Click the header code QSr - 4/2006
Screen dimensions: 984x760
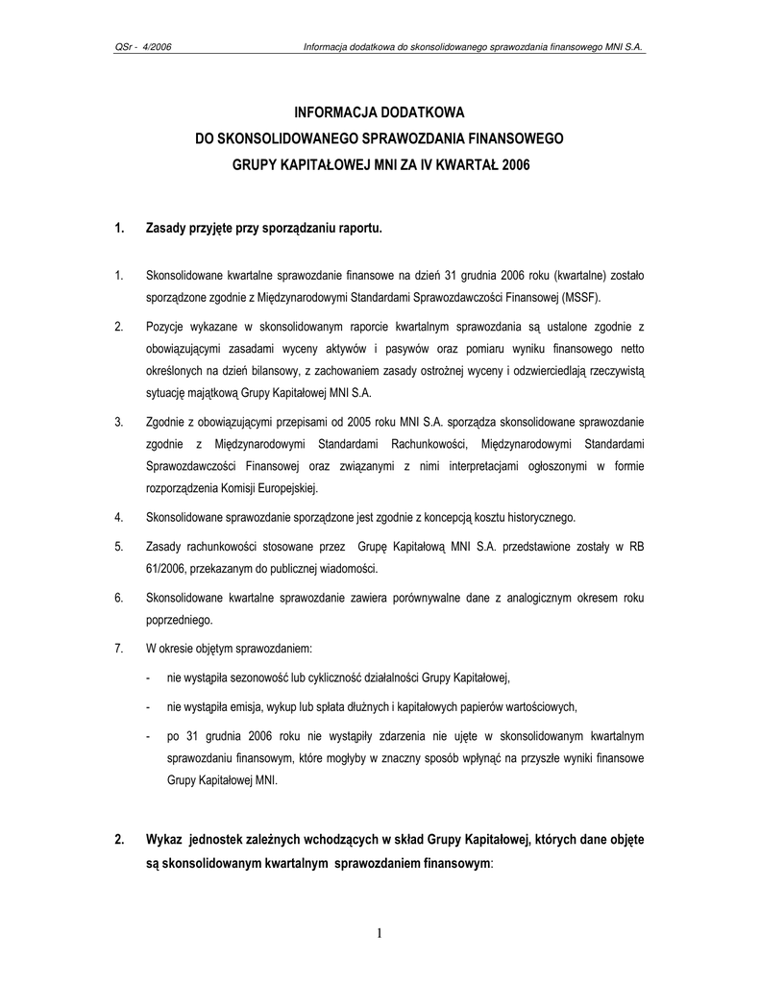[143, 45]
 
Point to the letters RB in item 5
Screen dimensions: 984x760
[636, 546]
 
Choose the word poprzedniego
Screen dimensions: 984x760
[179, 620]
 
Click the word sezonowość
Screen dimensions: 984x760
[267, 676]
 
